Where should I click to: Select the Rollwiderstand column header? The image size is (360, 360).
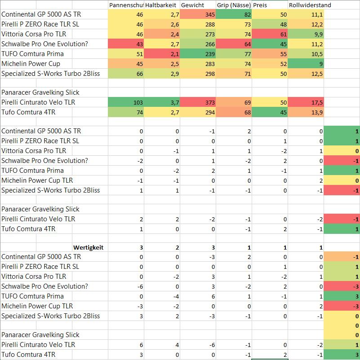(310, 5)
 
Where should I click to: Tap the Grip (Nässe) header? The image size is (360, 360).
(233, 5)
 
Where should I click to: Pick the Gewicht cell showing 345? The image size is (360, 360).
(198, 15)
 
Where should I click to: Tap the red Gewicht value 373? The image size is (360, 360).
(198, 102)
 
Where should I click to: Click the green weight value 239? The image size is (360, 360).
(198, 54)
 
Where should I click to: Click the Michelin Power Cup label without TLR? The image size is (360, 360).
(31, 64)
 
